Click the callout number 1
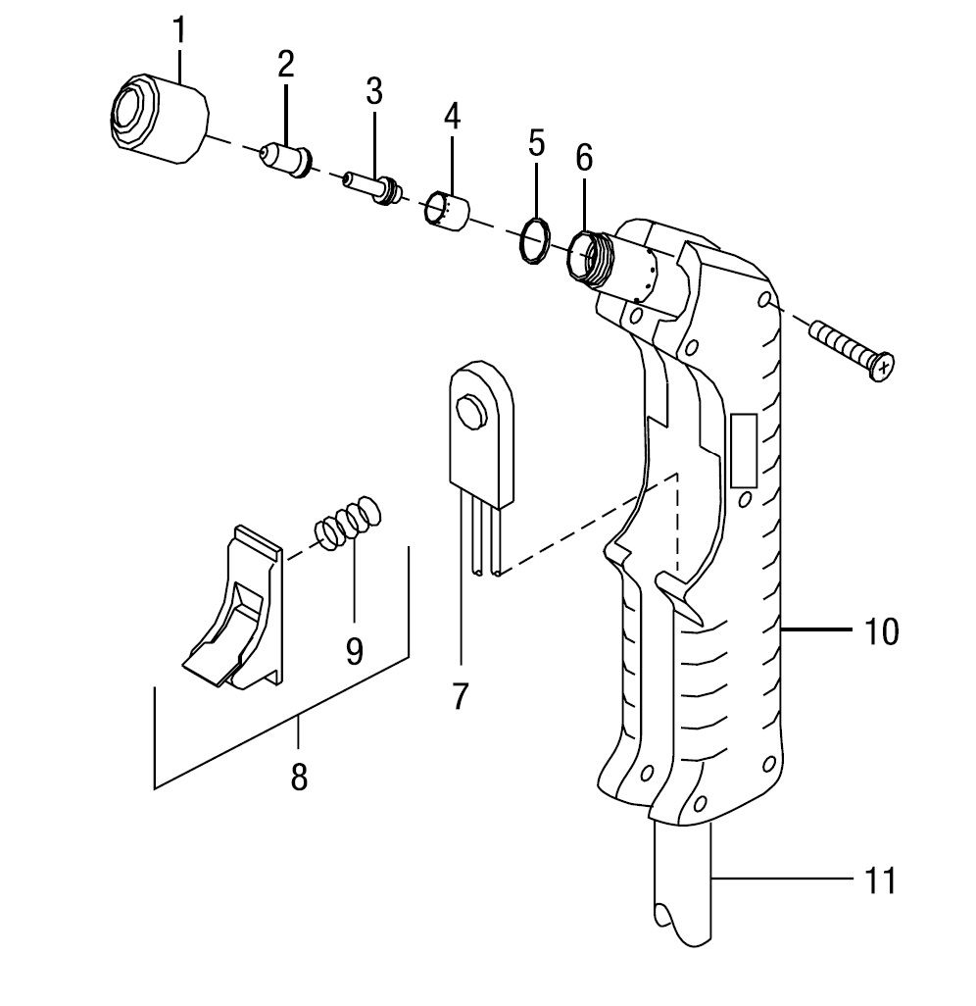click(179, 29)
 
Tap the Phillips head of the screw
click(884, 368)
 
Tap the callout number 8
click(299, 777)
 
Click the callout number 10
click(882, 632)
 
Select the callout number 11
click(882, 880)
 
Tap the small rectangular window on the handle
click(744, 450)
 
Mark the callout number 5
click(536, 143)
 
